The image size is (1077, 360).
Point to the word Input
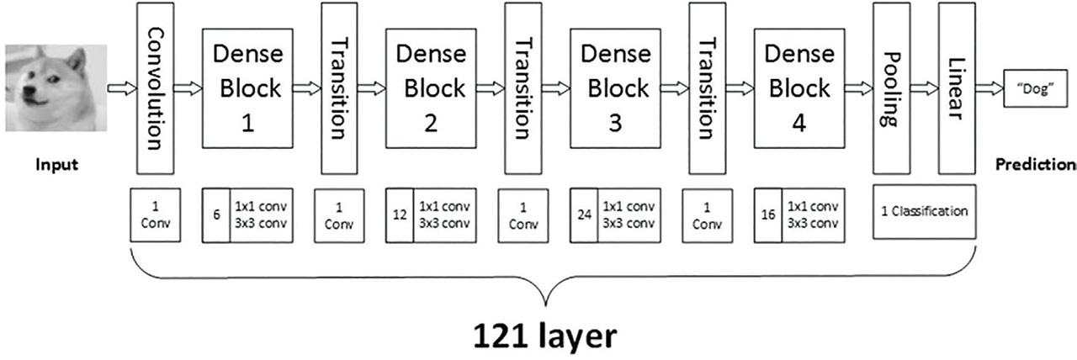[56, 165]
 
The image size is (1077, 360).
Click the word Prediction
[1036, 165]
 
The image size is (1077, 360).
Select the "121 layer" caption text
[544, 336]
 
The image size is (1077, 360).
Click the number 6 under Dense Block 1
[216, 215]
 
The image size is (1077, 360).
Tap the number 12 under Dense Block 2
[400, 215]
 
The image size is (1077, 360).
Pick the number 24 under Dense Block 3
[583, 215]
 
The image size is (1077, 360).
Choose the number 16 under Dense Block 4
[767, 215]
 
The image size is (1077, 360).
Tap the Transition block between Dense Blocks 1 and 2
[337, 87]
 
